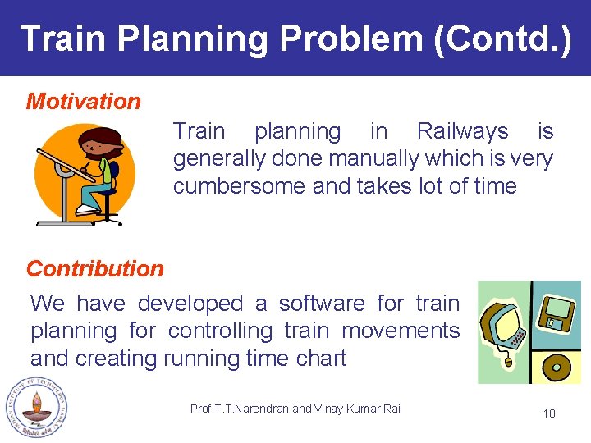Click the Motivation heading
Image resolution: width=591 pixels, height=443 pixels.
pyautogui.click(x=84, y=102)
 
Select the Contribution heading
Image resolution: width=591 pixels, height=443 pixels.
pyautogui.click(x=95, y=268)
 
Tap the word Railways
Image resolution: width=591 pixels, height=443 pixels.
pyautogui.click(x=462, y=131)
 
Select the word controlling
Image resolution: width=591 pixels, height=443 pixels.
pyautogui.click(x=220, y=331)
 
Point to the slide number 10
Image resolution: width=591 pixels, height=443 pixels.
pyautogui.click(x=549, y=413)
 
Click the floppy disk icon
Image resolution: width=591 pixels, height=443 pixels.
pyautogui.click(x=556, y=313)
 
